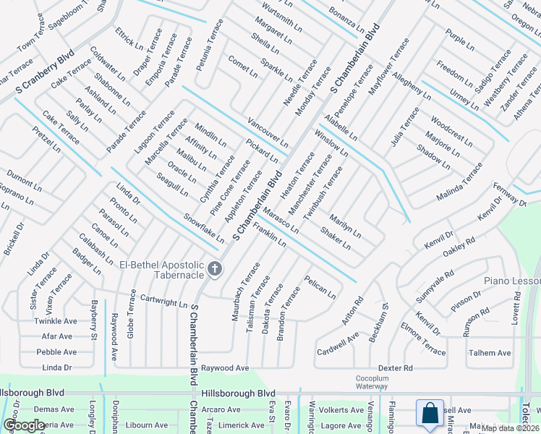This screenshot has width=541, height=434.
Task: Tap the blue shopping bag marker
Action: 430,414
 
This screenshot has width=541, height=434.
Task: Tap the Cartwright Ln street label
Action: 163,299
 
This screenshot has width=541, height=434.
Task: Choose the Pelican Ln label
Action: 320,287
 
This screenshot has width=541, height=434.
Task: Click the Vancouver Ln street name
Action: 268,130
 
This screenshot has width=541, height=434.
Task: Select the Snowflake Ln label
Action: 204,228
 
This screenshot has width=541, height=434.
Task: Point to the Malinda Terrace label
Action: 459,182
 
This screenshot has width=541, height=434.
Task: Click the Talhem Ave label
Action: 490,353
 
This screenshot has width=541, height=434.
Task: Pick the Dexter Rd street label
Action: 395,368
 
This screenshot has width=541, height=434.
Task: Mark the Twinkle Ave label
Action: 56,320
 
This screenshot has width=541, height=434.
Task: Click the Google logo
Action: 24,425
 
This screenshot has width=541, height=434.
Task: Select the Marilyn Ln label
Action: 345,227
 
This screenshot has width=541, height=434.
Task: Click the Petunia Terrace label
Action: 210,46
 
